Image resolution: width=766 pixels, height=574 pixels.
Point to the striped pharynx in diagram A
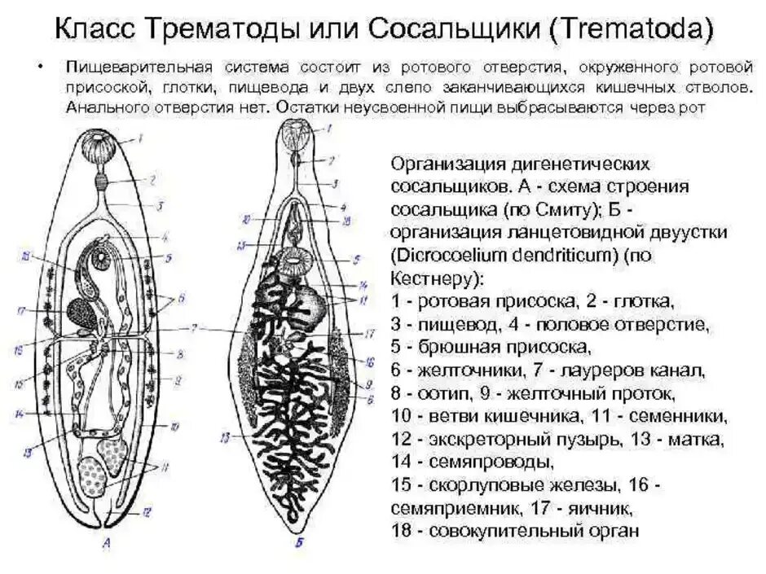[103, 180]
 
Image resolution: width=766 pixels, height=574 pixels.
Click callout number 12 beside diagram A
[146, 513]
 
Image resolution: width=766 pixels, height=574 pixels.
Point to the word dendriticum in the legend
[558, 255]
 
